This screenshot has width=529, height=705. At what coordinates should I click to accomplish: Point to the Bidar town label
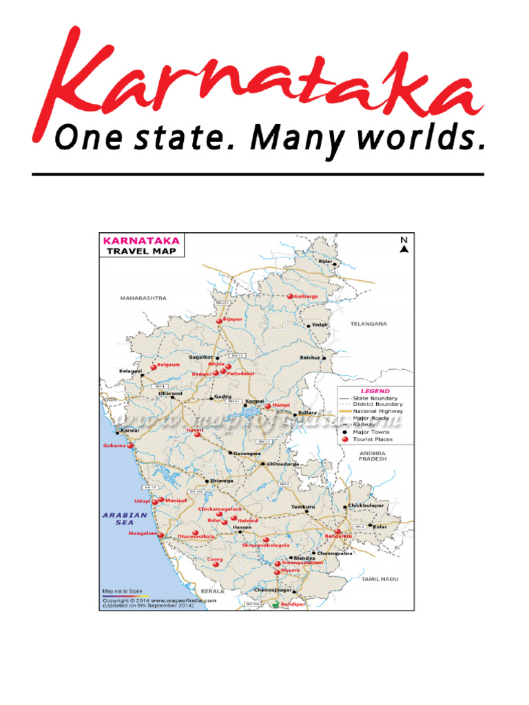point(325,262)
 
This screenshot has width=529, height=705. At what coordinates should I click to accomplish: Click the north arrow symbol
point(404,245)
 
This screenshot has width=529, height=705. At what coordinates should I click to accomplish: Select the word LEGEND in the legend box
point(375,391)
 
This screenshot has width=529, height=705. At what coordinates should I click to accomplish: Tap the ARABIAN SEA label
point(125,518)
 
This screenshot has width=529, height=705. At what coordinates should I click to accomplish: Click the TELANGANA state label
point(369,323)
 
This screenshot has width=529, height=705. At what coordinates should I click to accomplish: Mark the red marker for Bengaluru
point(338,532)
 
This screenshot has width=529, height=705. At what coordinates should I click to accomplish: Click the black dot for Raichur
point(324,359)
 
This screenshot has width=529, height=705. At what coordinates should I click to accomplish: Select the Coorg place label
point(215,560)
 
